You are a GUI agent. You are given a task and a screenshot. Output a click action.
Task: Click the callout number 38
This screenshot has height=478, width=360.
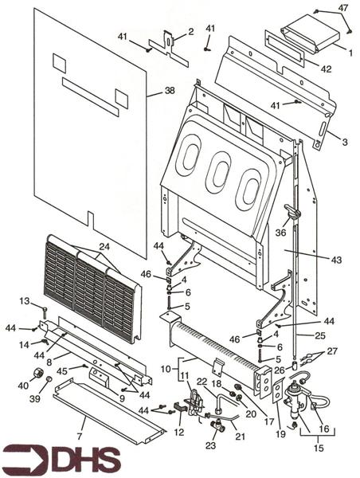pyautogui.click(x=170, y=91)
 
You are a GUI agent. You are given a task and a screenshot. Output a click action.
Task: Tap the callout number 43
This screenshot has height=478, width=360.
pyautogui.click(x=337, y=260)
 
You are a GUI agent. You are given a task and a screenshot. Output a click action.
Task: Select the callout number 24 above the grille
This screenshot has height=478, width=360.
pyautogui.click(x=104, y=247)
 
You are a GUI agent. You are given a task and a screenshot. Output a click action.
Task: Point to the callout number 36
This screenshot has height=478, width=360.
pyautogui.click(x=280, y=233)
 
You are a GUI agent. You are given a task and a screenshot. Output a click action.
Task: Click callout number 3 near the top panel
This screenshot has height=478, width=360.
pyautogui.click(x=344, y=142)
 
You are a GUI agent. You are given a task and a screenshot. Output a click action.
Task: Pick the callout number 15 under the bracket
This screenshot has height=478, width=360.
pyautogui.click(x=318, y=448)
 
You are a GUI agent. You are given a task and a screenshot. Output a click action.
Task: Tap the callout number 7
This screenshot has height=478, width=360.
pyautogui.click(x=80, y=437)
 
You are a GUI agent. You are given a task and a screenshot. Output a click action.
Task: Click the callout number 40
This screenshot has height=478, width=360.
pyautogui.click(x=23, y=386)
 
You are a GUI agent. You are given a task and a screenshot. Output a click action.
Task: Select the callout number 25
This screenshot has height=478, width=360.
pyautogui.click(x=320, y=335)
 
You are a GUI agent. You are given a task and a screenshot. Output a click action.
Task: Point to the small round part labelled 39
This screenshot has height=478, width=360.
pyautogui.click(x=49, y=379)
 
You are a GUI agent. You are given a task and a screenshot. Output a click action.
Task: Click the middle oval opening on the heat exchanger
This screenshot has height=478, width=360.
pyautogui.click(x=219, y=173)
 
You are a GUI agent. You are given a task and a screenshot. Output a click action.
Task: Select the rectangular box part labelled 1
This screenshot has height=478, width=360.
pyautogui.click(x=311, y=35)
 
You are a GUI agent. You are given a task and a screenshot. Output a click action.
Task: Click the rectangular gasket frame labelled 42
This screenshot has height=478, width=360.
pyautogui.click(x=284, y=51)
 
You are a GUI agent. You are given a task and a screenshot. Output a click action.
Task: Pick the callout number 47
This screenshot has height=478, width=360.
pyautogui.click(x=343, y=8)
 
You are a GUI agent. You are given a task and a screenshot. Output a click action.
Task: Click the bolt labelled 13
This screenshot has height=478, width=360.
pyautogui.click(x=45, y=311)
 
